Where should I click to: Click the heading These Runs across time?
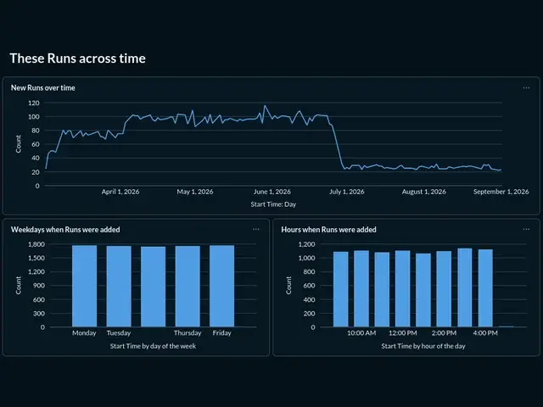77,59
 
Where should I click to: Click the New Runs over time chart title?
43,88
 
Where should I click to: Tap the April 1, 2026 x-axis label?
120,192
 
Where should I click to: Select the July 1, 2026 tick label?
347,192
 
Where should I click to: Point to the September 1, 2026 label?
501,192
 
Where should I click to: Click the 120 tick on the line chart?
34,103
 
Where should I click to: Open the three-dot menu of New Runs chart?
526,88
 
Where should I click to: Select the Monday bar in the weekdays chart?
84,287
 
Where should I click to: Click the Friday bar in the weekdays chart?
221,287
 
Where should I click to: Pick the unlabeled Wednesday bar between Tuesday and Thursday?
153,287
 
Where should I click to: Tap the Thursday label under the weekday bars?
188,333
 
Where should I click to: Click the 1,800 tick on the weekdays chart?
36,244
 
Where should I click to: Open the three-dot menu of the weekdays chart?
256,229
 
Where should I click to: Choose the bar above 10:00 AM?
361,288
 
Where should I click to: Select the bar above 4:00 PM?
485,288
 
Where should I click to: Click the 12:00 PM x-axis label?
402,333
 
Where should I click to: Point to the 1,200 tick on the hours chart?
306,244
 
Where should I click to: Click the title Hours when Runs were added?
328,230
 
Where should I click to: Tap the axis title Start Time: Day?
273,204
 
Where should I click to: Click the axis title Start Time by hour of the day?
423,346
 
